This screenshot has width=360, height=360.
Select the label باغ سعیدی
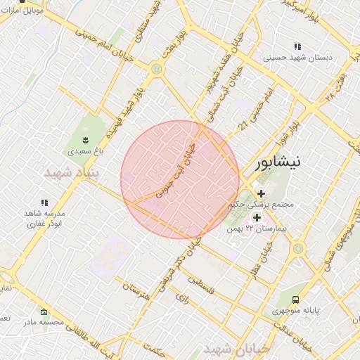[85, 151]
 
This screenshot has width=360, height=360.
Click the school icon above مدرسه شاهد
[44, 202]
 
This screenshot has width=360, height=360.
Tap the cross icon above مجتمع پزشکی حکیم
[261, 193]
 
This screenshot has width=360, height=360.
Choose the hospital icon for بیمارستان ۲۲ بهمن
[257, 217]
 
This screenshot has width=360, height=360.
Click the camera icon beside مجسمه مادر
[44, 311]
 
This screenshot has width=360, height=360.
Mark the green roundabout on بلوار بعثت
[155, 68]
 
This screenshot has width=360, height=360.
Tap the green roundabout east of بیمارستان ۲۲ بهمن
[298, 247]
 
